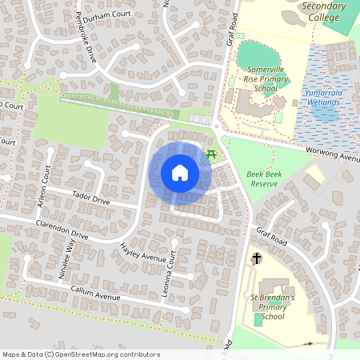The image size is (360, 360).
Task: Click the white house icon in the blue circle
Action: coord(180,173)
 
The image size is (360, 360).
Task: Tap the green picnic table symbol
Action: coord(211,153)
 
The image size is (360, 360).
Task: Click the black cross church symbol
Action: coord(257,258)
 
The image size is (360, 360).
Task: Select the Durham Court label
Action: coord(106,14)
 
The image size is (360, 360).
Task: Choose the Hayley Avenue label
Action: coord(142,254)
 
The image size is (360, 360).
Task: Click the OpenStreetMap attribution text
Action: coord(81,354)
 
